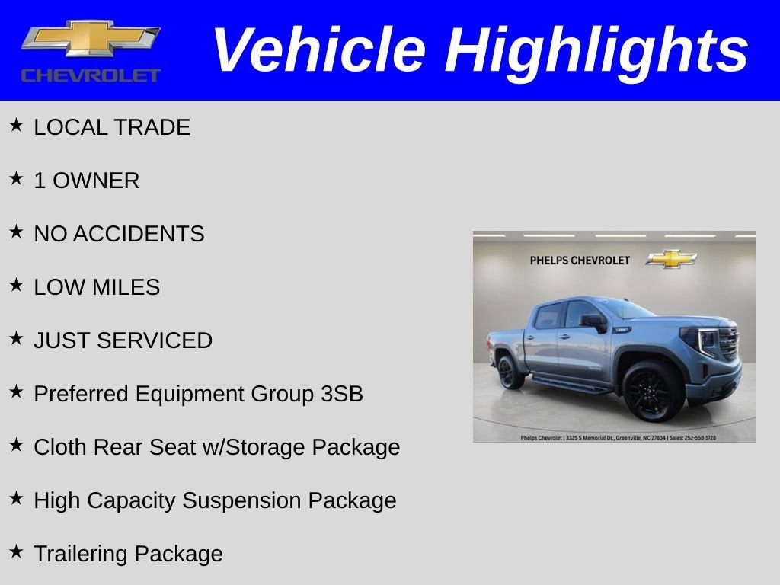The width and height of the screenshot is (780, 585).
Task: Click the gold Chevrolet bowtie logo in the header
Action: [91, 39]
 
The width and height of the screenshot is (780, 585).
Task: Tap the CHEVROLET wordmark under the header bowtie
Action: [91, 75]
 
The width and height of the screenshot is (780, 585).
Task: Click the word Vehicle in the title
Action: [319, 50]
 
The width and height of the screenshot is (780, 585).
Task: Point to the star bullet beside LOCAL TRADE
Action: [16, 125]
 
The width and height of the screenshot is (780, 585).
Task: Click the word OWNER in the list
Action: [96, 181]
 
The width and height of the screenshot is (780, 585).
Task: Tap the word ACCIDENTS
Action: [139, 234]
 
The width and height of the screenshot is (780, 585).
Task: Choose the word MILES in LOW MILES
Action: [126, 287]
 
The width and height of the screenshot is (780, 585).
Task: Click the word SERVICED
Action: [154, 340]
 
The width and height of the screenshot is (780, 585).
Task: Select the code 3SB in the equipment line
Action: [342, 394]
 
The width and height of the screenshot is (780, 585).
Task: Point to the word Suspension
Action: [241, 500]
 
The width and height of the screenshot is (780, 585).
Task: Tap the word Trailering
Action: [80, 554]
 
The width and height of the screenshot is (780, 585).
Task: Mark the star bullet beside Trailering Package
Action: [16, 551]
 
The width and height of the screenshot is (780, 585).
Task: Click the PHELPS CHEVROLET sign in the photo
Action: [580, 261]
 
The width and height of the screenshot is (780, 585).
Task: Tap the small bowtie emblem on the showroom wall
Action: [672, 259]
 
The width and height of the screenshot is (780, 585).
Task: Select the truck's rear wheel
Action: [510, 372]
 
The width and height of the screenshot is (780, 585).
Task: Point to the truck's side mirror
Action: [594, 322]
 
